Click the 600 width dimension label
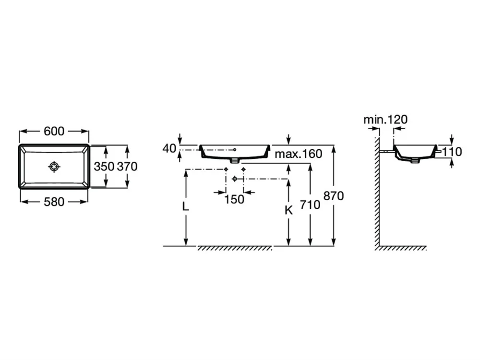pyautogui.click(x=54, y=131)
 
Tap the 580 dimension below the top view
pyautogui.click(x=54, y=202)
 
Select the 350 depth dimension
pyautogui.click(x=104, y=167)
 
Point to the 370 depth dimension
pyautogui.click(x=127, y=167)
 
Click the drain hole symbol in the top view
pyautogui.click(x=54, y=167)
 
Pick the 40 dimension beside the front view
pyautogui.click(x=169, y=148)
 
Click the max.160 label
pyautogui.click(x=299, y=154)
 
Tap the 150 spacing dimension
pyautogui.click(x=234, y=199)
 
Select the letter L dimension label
pyautogui.click(x=185, y=207)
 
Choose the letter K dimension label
pyautogui.click(x=288, y=210)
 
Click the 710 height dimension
pyautogui.click(x=310, y=205)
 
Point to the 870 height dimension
pyautogui.click(x=334, y=196)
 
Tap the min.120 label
pyautogui.click(x=385, y=120)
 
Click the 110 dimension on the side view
pyautogui.click(x=452, y=152)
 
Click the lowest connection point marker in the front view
pyautogui.click(x=235, y=179)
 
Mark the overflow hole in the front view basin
pyautogui.click(x=235, y=149)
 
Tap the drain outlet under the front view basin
pyautogui.click(x=235, y=160)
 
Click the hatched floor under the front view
pyautogui.click(x=235, y=248)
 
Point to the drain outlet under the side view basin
pyautogui.click(x=415, y=160)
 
